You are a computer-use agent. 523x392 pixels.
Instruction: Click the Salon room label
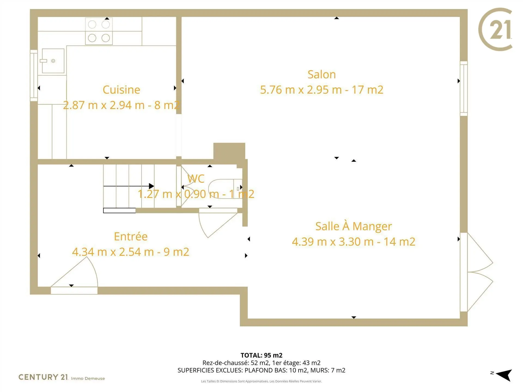[321, 75]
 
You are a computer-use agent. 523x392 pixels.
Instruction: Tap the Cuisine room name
[121, 90]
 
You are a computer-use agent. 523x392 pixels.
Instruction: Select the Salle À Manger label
[354, 226]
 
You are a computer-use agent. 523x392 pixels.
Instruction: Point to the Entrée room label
[131, 236]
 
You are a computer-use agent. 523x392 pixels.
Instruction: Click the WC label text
[196, 179]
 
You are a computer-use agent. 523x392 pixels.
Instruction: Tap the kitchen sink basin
[53, 61]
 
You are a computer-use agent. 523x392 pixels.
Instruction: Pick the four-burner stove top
[99, 31]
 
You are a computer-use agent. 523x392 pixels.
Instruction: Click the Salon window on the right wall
[464, 89]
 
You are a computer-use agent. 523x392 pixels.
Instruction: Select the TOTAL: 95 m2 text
[261, 355]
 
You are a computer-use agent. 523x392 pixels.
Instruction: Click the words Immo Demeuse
[88, 378]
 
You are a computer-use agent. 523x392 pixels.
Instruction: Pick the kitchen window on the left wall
[34, 75]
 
